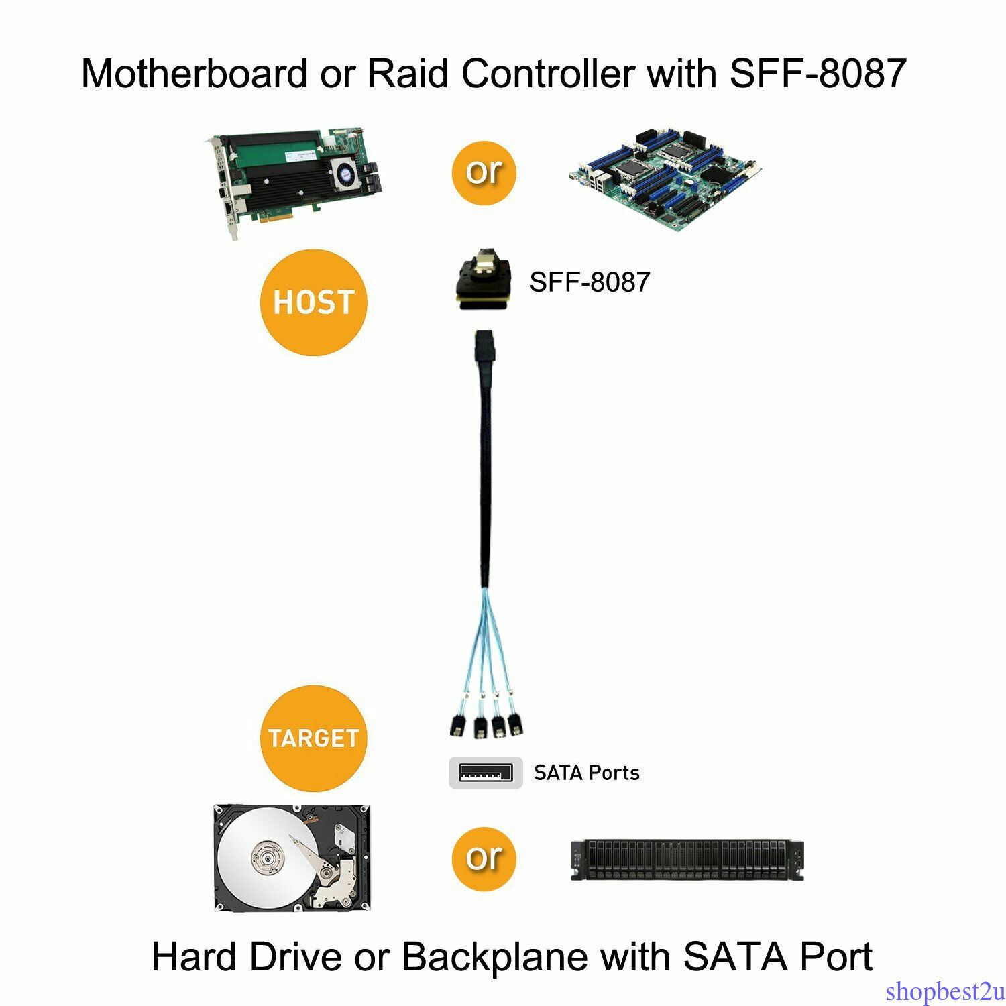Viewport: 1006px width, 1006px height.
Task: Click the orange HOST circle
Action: pyautogui.click(x=313, y=302)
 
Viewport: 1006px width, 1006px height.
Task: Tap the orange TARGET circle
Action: pyautogui.click(x=313, y=738)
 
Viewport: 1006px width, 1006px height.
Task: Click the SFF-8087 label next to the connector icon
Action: pyautogui.click(x=590, y=282)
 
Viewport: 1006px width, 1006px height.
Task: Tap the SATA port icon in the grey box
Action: pyautogui.click(x=486, y=773)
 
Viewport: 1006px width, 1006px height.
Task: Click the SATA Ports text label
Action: pyautogui.click(x=587, y=773)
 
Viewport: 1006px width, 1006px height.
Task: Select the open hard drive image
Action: pyautogui.click(x=292, y=858)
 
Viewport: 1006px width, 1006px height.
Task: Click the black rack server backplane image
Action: pyautogui.click(x=687, y=860)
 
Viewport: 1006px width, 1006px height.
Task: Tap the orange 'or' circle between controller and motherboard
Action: pyautogui.click(x=484, y=172)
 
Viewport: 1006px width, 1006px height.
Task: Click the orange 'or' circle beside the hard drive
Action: pyautogui.click(x=484, y=858)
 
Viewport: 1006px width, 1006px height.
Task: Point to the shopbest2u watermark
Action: pyautogui.click(x=944, y=991)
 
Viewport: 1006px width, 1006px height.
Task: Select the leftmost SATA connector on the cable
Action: pyautogui.click(x=457, y=726)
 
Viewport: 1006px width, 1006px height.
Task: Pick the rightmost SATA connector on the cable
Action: pyautogui.click(x=516, y=724)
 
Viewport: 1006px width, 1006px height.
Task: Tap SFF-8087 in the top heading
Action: pyautogui.click(x=818, y=73)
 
